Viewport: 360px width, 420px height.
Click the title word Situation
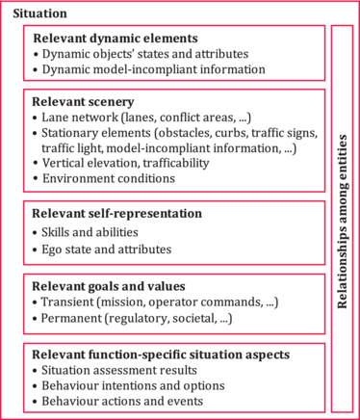39,13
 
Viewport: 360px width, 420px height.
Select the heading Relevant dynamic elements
116,39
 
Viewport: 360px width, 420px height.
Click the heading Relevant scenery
83,102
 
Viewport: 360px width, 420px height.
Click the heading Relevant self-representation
116,214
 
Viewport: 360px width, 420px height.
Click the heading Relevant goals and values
109,286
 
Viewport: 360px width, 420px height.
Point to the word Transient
67,302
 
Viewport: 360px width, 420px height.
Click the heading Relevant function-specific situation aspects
161,354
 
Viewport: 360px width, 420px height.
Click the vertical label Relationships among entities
343,222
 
